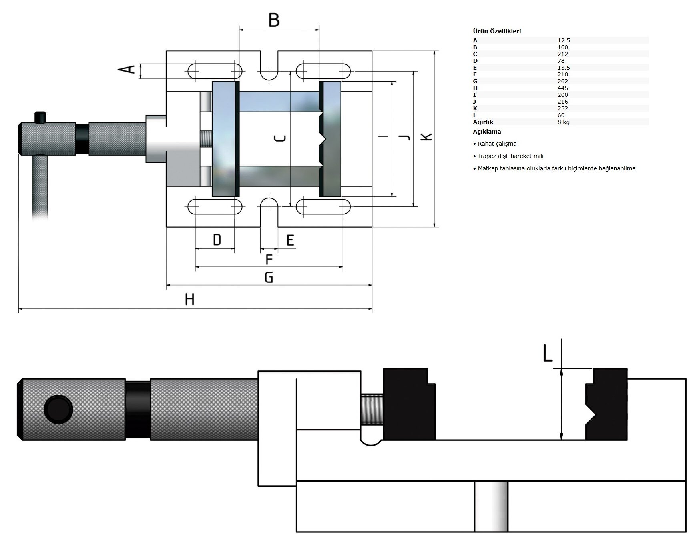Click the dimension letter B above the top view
(274, 20)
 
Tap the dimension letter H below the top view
(189, 299)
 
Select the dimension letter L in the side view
(547, 353)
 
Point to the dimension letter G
(269, 277)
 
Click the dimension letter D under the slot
(217, 240)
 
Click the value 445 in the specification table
(562, 88)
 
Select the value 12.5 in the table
(564, 40)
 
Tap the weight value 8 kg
(563, 122)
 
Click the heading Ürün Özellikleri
(497, 31)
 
